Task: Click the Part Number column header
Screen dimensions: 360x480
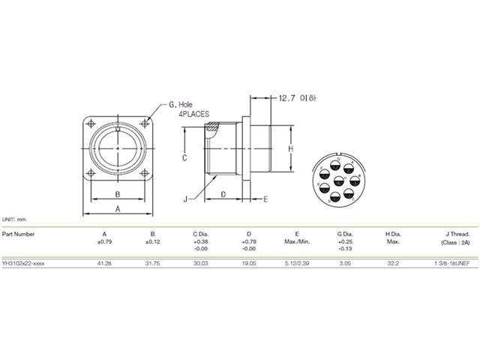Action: pyautogui.click(x=18, y=233)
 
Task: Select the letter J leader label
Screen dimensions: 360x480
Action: pyautogui.click(x=184, y=199)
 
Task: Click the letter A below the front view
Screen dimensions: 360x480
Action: pyautogui.click(x=117, y=209)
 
